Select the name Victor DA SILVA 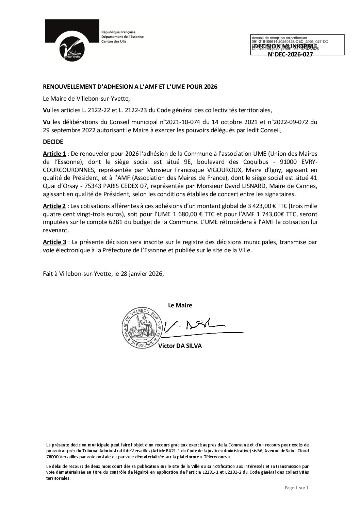[180, 346]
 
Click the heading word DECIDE [53, 141]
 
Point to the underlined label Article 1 [54, 154]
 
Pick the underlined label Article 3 [54, 242]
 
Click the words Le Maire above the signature [180, 305]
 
